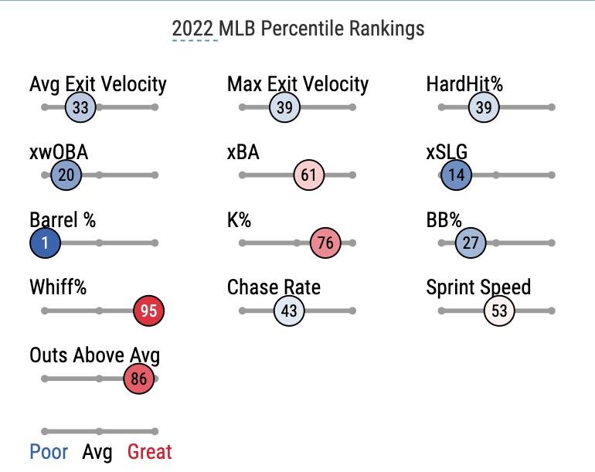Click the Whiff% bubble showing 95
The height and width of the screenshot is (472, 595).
(x=149, y=311)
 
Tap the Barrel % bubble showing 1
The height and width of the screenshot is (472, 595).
(x=46, y=243)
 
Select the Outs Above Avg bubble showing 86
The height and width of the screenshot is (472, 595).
(x=139, y=379)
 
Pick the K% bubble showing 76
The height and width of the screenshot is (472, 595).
(x=325, y=243)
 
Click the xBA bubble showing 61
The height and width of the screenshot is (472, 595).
(x=308, y=175)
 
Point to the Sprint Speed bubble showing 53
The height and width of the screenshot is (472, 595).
(x=499, y=311)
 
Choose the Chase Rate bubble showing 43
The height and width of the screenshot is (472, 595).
(x=290, y=311)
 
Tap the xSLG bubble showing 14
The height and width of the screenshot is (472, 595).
(x=457, y=175)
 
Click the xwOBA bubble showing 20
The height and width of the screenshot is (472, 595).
(x=66, y=175)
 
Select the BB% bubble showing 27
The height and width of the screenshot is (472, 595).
(x=471, y=243)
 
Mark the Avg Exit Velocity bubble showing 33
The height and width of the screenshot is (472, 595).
(x=80, y=107)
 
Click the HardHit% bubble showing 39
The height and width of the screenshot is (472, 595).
(x=484, y=107)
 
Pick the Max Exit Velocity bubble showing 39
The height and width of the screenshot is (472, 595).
(x=284, y=107)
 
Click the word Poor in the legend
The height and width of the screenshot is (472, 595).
(x=49, y=452)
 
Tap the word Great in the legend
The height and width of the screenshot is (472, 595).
(x=150, y=452)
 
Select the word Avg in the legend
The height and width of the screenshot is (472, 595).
(x=98, y=452)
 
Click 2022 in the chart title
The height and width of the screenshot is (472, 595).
(x=193, y=29)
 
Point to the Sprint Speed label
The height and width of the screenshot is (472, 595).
(x=478, y=288)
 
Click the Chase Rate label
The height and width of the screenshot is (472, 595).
(x=274, y=288)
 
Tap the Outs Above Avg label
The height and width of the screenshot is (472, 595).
(x=94, y=355)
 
